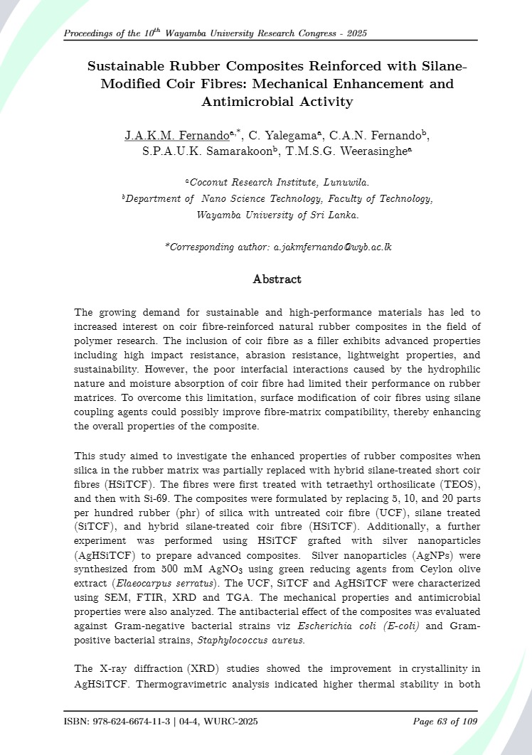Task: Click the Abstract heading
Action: tap(277, 279)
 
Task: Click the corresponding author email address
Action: tap(332, 247)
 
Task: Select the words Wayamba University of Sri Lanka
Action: tap(278, 215)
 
